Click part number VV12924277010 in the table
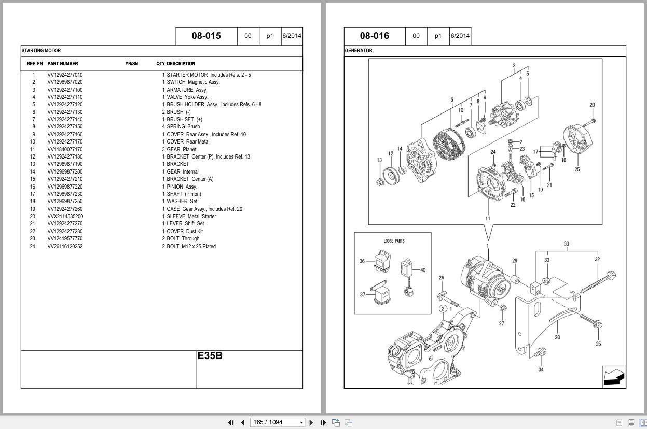(65, 75)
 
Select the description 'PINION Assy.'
(182, 187)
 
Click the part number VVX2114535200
(65, 217)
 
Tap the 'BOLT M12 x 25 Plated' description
(191, 247)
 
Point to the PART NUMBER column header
(63, 64)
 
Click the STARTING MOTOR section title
(41, 51)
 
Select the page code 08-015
(206, 36)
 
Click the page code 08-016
(374, 36)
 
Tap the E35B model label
(210, 356)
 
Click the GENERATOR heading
(359, 51)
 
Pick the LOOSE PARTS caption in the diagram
(394, 241)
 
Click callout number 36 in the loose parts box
(362, 261)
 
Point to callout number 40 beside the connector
(423, 270)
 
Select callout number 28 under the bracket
(557, 337)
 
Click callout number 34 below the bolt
(541, 370)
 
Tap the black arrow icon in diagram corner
(614, 377)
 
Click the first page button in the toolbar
(231, 422)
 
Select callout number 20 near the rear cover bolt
(592, 105)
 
